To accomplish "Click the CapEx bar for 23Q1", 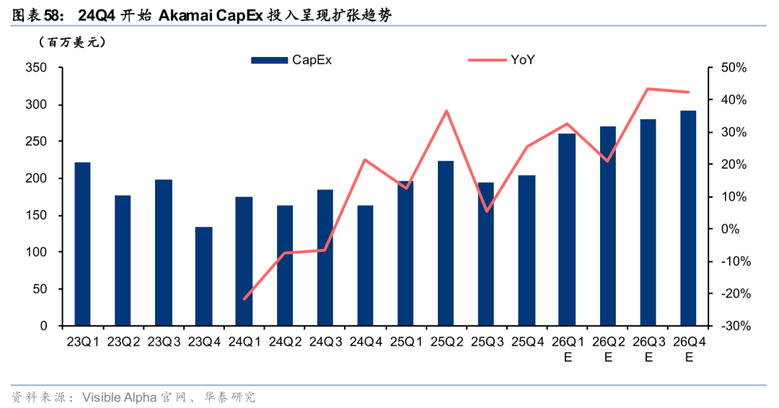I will pyautogui.click(x=82, y=244).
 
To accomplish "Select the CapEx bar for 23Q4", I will pyautogui.click(x=203, y=277).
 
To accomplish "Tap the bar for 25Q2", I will pyautogui.click(x=446, y=243).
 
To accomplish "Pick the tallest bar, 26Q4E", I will pyautogui.click(x=688, y=218).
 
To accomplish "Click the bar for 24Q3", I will pyautogui.click(x=325, y=258).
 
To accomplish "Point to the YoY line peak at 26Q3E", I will pyautogui.click(x=648, y=89).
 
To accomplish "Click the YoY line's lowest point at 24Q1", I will pyautogui.click(x=244, y=298).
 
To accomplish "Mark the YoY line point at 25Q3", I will pyautogui.click(x=486, y=211).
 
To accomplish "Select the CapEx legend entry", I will pyautogui.click(x=291, y=61).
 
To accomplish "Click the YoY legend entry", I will pyautogui.click(x=501, y=61).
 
